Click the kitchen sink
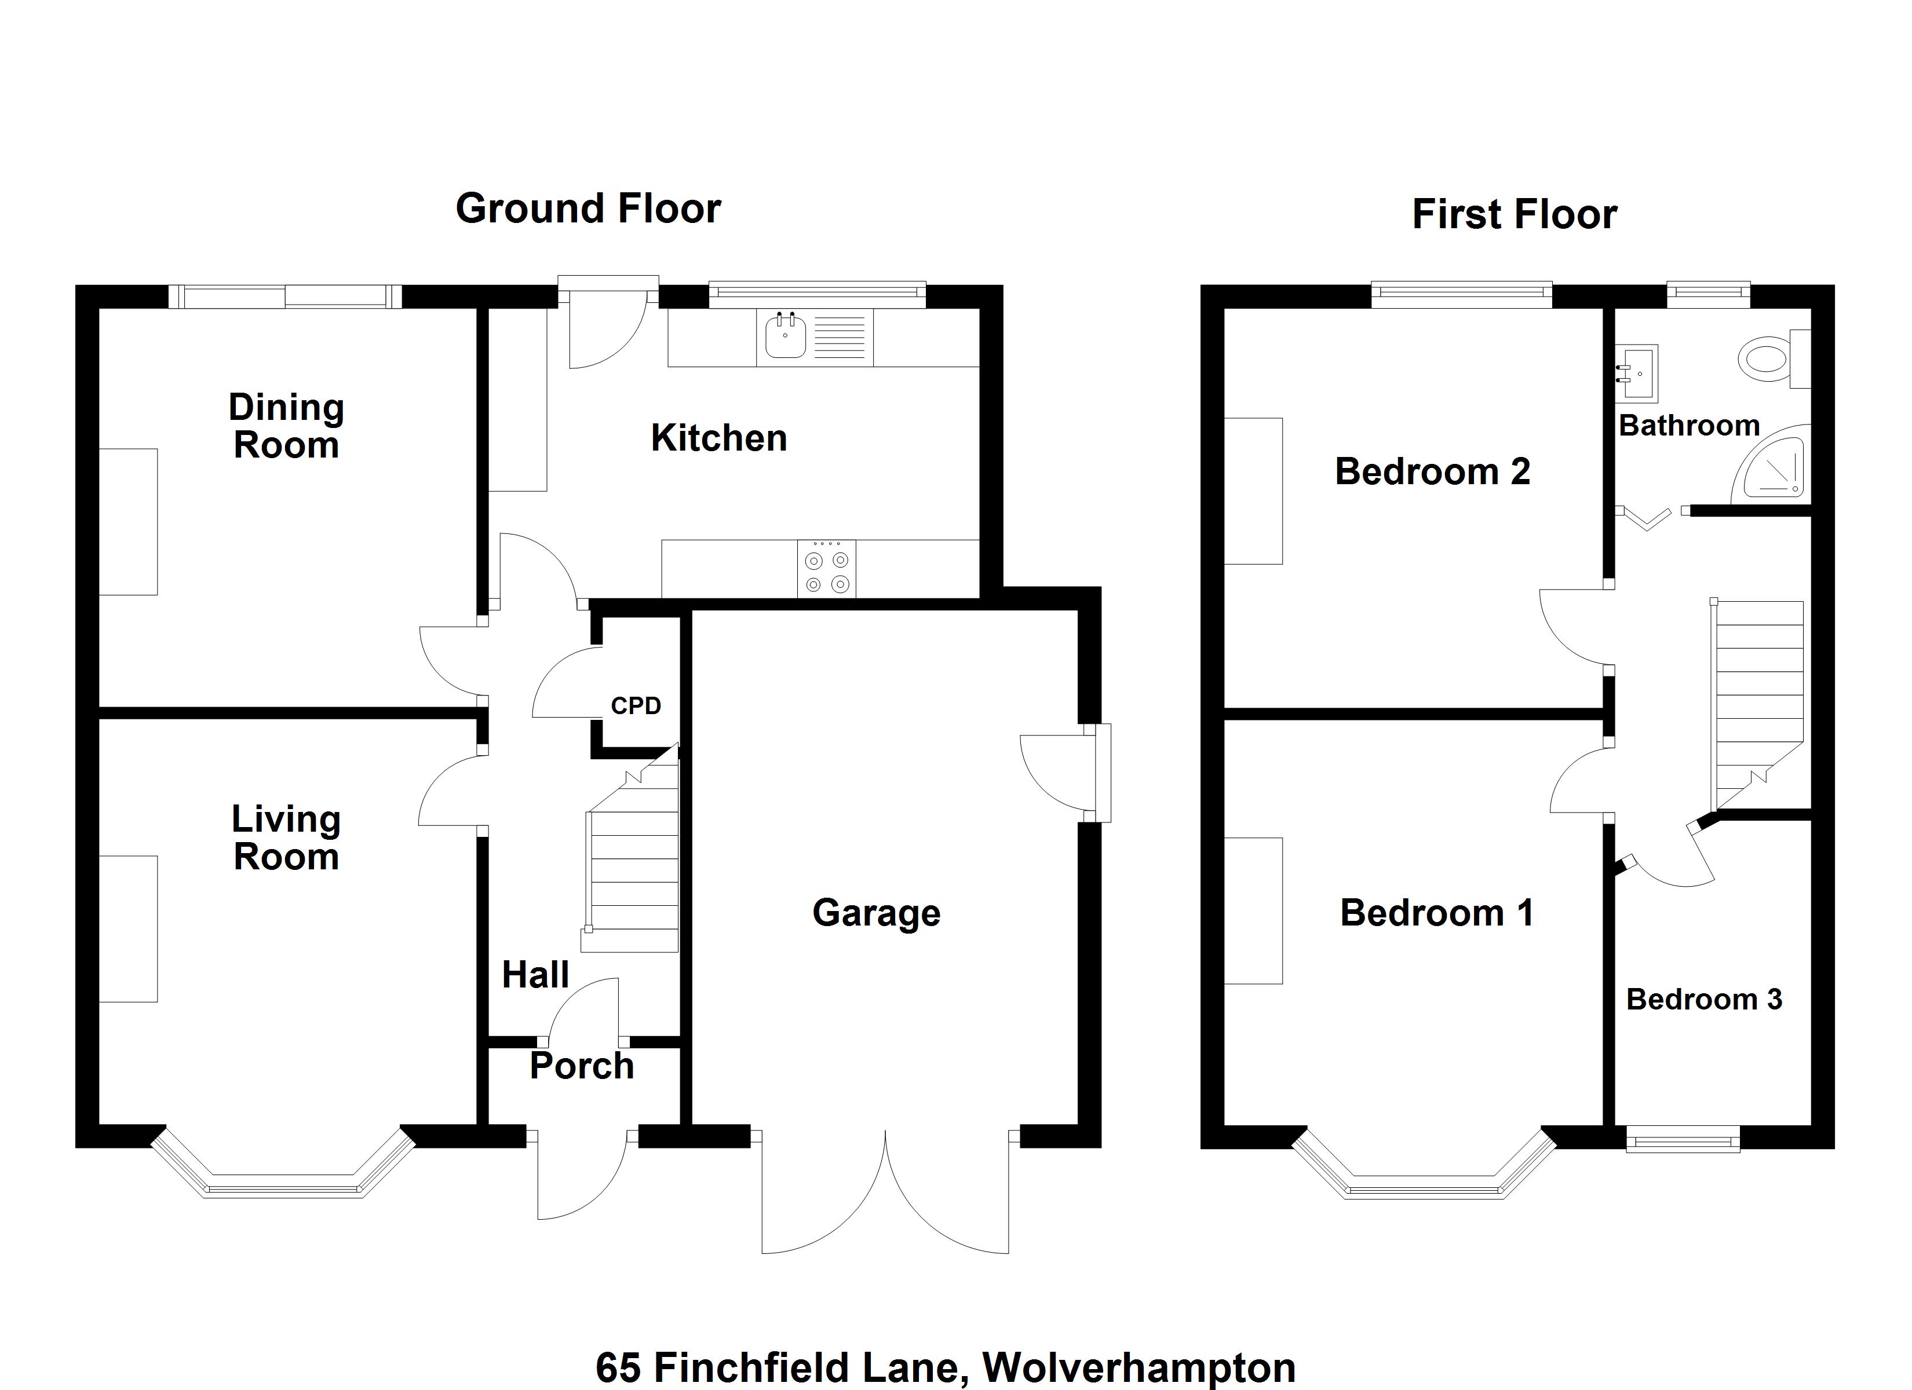point(785,336)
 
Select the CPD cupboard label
point(636,705)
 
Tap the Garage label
point(876,912)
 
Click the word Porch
point(582,1066)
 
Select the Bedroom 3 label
point(1704,1000)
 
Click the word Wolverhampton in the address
point(1139,1367)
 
